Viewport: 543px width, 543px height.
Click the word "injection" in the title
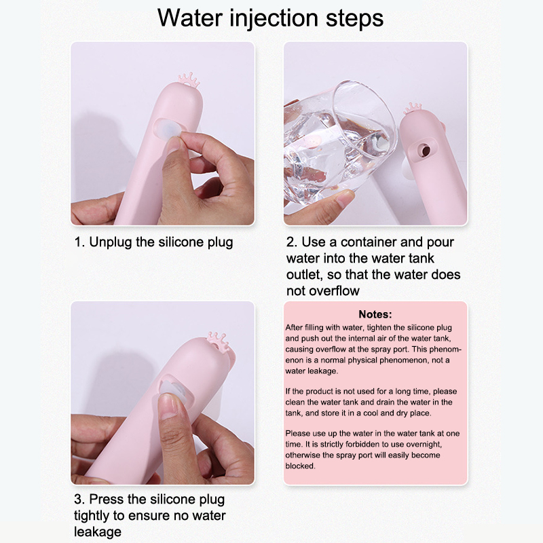pos(274,18)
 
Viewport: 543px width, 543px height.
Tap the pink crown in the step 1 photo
pos(189,80)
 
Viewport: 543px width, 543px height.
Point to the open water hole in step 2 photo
pos(425,150)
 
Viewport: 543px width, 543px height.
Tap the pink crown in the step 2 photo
pos(413,109)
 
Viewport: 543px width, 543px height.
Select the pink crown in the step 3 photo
pos(219,341)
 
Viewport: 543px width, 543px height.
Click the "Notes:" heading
pos(375,314)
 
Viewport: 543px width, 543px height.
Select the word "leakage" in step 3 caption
pos(98,532)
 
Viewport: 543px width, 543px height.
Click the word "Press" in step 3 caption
pos(107,499)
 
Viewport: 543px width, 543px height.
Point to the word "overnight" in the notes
pos(424,444)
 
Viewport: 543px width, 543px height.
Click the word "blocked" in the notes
pos(300,466)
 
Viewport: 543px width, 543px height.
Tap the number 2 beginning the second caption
pos(291,242)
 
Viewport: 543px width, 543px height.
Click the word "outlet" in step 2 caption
pos(304,275)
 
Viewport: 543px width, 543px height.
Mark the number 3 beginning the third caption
pos(79,499)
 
